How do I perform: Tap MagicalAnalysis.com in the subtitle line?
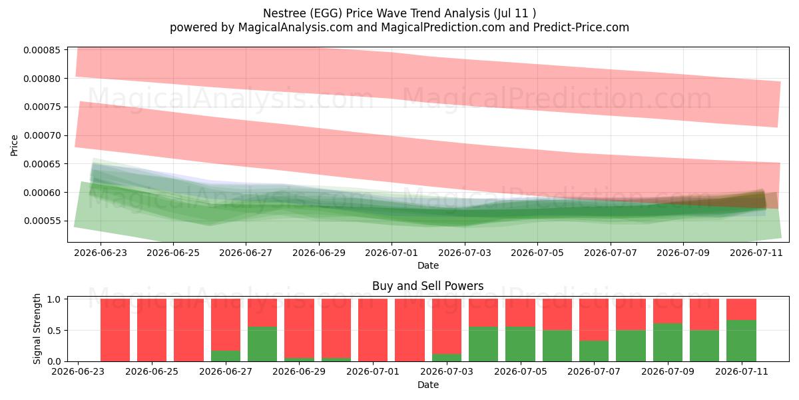296,27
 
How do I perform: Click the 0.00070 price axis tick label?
42,136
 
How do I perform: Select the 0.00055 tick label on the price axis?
42,221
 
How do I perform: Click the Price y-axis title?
14,145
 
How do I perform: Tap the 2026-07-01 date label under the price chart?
392,253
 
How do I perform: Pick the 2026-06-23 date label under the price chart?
101,253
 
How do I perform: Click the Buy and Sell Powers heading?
427,286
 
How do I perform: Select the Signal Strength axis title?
37,329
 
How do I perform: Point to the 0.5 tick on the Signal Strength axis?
54,331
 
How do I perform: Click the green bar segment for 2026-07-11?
741,341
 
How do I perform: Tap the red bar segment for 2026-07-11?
741,309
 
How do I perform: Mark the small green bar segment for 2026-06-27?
226,356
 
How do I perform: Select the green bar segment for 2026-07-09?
668,343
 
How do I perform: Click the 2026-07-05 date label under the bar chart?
521,371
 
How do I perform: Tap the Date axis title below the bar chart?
428,385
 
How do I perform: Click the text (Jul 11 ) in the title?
515,13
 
